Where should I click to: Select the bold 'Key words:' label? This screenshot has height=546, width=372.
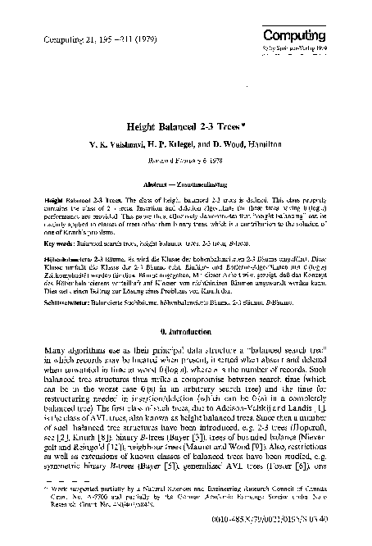(59, 243)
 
